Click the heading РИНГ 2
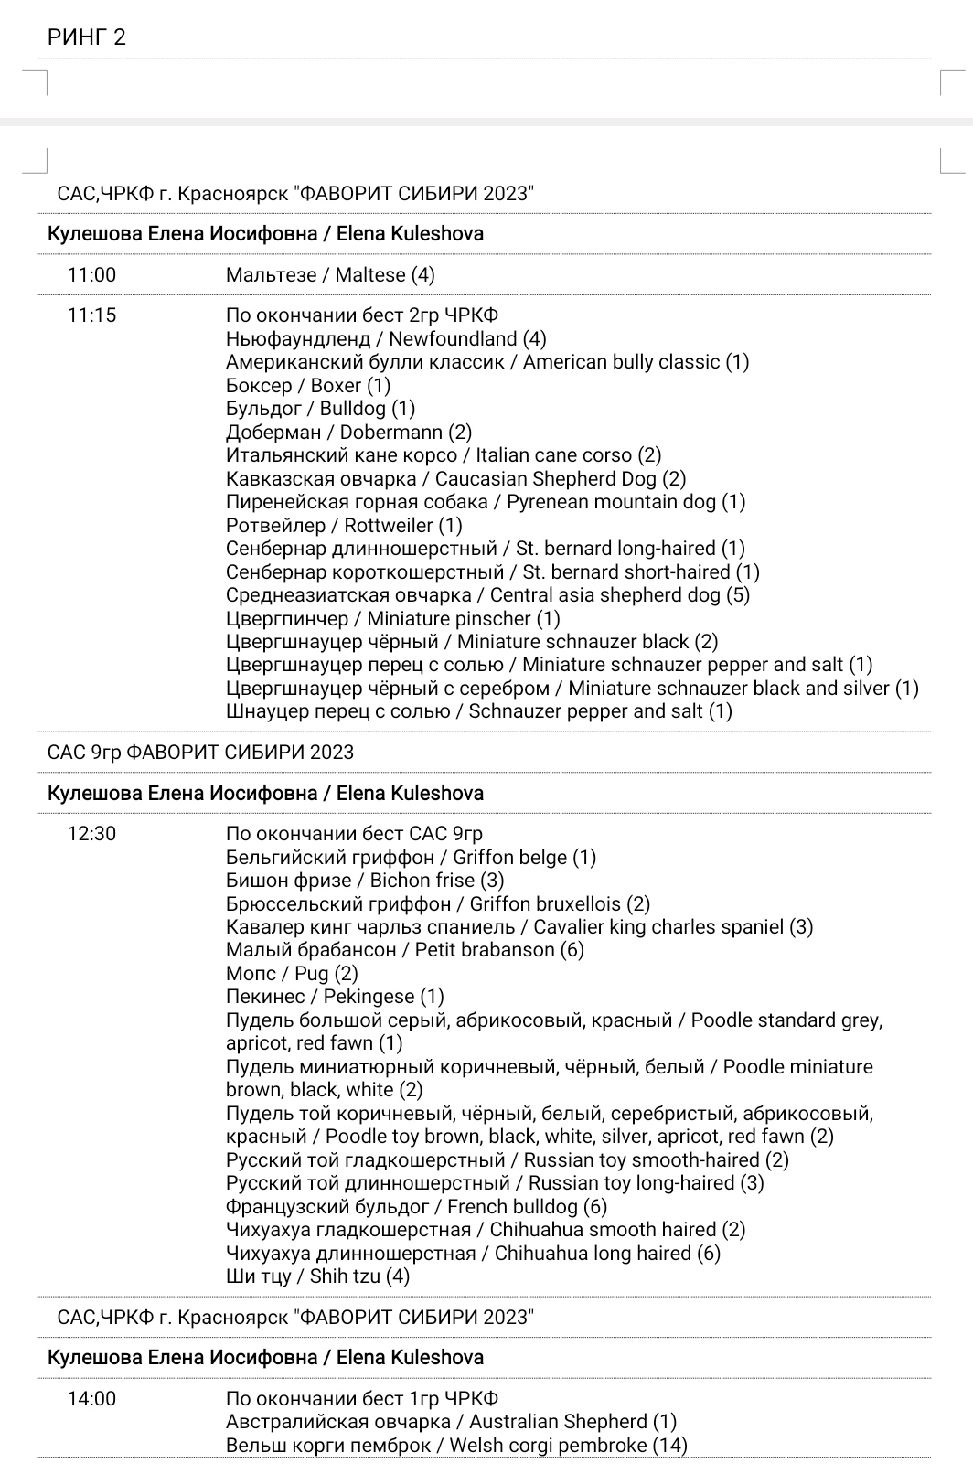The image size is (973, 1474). [87, 37]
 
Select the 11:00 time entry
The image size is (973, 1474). [91, 275]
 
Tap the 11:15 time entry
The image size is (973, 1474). [91, 316]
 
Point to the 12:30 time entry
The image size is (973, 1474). [91, 834]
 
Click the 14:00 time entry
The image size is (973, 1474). [91, 1399]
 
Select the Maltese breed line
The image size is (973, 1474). [330, 275]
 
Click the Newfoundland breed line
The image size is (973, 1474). [386, 339]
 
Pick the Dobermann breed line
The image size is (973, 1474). [348, 433]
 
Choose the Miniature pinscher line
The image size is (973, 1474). [393, 619]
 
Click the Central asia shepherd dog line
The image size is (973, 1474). [487, 595]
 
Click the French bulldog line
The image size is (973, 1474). [416, 1207]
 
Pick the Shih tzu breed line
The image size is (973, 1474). [317, 1276]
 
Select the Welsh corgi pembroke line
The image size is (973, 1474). [456, 1446]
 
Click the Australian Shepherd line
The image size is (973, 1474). [451, 1422]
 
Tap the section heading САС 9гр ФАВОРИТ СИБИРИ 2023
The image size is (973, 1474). [200, 753]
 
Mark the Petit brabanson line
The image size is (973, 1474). [404, 950]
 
